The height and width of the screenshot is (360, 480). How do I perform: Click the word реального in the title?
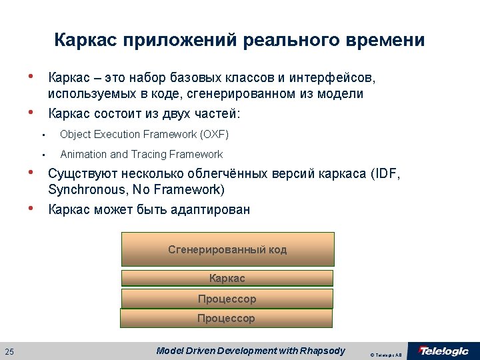pos(291,40)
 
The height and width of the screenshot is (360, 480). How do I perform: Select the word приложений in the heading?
pos(180,40)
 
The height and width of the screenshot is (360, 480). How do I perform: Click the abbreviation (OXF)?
pos(214,135)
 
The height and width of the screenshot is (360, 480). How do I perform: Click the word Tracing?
pos(149,154)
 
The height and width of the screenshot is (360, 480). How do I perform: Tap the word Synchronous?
pos(87,189)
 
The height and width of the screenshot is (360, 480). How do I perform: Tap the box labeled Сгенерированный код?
pos(228,249)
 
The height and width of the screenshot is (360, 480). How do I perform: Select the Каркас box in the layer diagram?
pos(227,278)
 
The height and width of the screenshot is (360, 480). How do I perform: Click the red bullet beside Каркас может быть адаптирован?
pos(30,209)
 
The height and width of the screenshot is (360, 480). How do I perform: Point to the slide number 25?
pos(9,351)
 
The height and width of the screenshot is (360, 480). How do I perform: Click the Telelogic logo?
pos(443,351)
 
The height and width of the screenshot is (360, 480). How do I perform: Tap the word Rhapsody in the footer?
pos(323,351)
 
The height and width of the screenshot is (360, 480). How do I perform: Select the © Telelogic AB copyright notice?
pos(386,355)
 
